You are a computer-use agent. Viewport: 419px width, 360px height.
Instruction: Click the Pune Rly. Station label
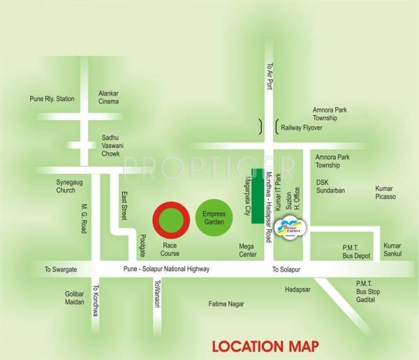[52, 99]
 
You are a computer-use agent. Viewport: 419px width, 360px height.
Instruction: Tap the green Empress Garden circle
[214, 217]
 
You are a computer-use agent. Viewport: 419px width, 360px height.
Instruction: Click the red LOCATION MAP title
[265, 345]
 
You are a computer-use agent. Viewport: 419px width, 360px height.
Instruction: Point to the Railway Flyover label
[303, 128]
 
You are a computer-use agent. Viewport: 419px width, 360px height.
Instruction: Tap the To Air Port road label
[267, 75]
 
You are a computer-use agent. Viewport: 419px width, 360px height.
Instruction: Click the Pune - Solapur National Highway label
[166, 269]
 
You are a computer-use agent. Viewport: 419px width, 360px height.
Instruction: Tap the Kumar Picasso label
[385, 193]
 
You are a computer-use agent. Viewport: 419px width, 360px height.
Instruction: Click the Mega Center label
[247, 250]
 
